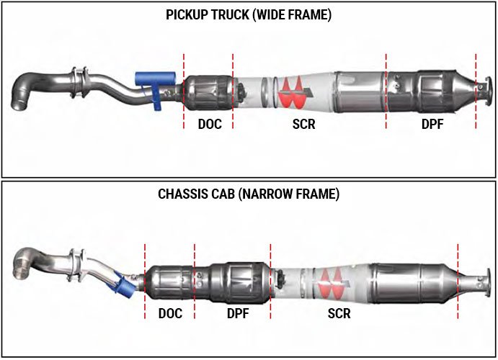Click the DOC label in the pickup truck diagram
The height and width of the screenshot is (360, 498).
(x=210, y=124)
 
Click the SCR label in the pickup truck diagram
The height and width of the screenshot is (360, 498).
(x=304, y=124)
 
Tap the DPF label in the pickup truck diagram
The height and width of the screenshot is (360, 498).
(x=432, y=124)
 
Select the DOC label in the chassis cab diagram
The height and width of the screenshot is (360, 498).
(x=170, y=313)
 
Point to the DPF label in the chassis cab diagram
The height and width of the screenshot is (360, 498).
(x=238, y=313)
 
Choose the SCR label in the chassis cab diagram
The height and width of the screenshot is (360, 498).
(x=339, y=313)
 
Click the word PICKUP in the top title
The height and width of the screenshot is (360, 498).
(x=187, y=14)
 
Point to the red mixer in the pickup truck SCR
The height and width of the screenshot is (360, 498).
(x=292, y=93)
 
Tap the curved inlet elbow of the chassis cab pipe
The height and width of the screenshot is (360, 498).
(x=25, y=261)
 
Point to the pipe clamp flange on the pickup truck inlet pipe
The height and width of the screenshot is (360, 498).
(x=80, y=83)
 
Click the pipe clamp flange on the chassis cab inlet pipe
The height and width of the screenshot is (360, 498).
(x=76, y=265)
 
